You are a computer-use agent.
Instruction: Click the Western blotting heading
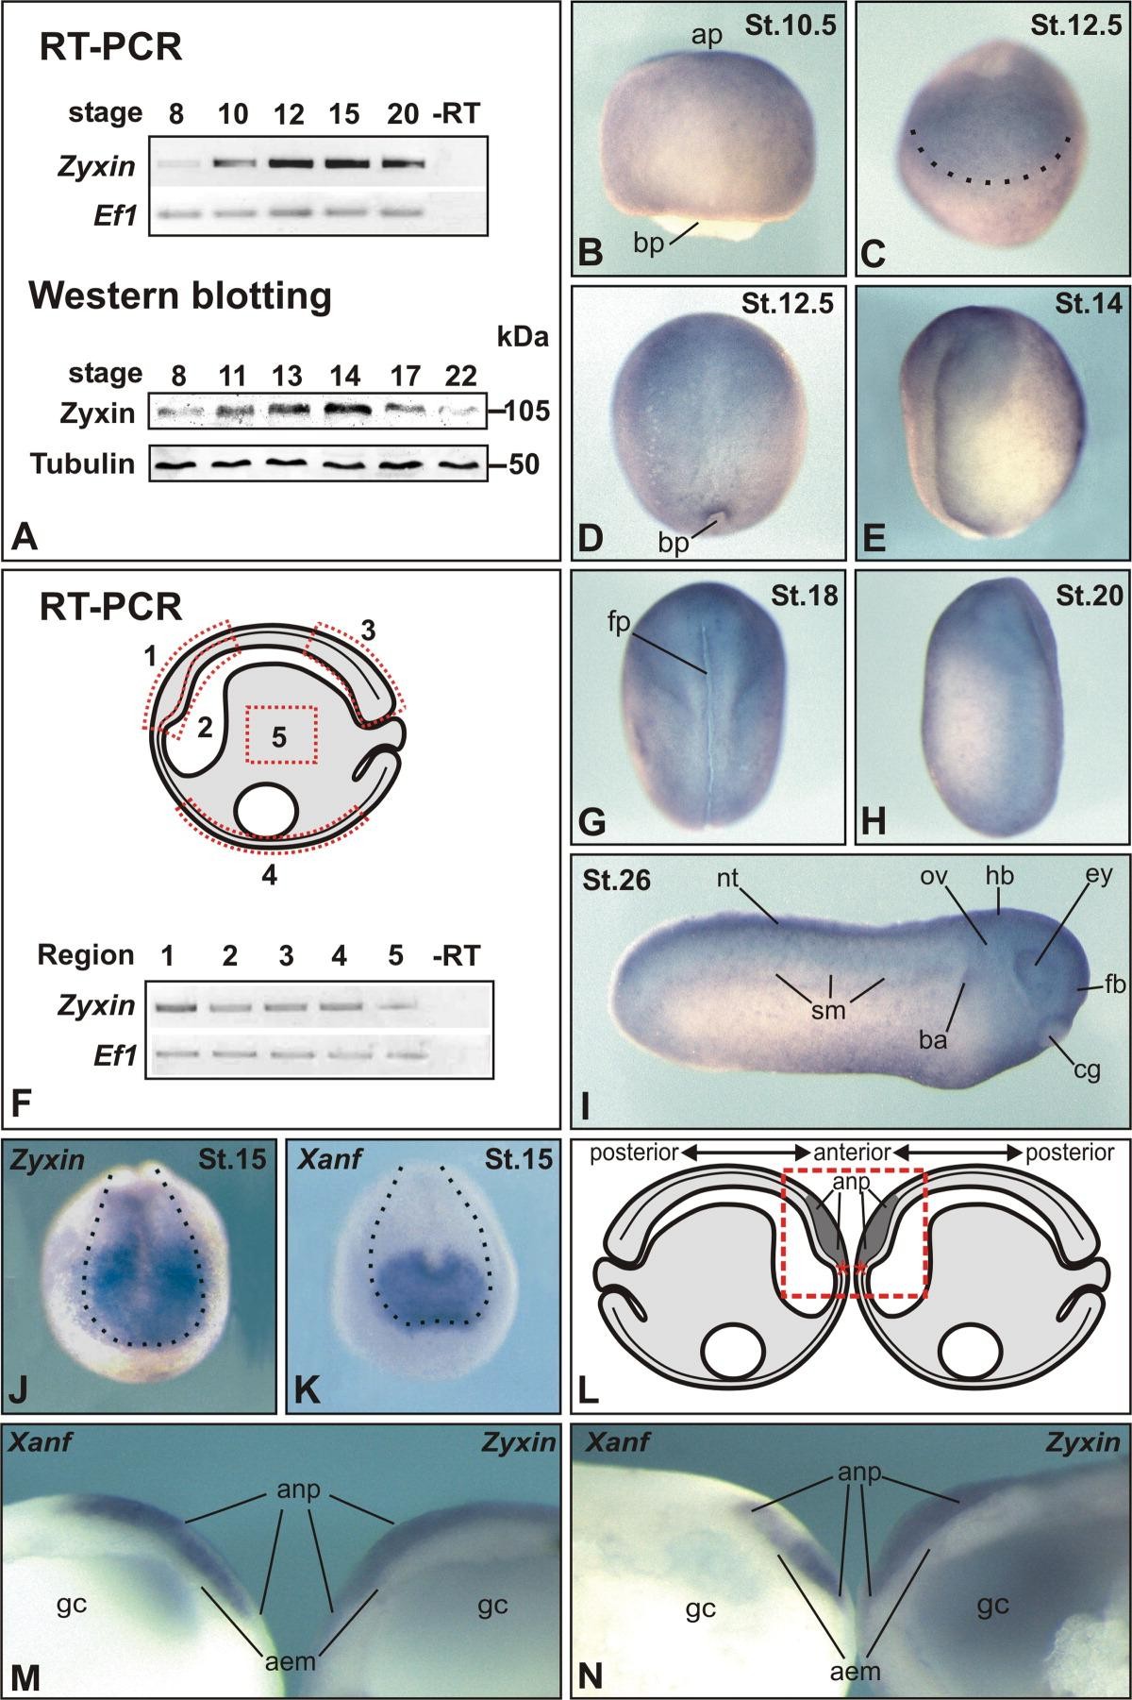181,297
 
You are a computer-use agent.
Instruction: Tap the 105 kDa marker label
516,412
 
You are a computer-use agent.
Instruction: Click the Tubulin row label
81,463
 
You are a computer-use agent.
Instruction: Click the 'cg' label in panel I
1088,1070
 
